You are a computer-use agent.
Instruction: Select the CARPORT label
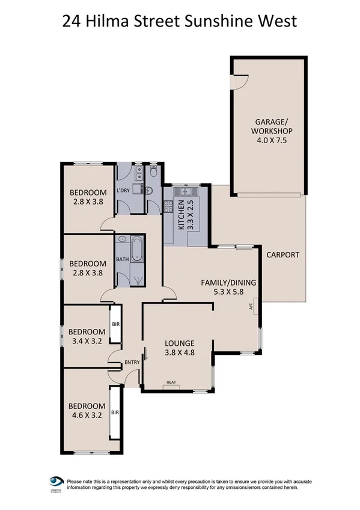point(282,254)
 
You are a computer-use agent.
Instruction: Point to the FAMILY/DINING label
point(230,286)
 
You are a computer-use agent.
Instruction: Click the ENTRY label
point(132,362)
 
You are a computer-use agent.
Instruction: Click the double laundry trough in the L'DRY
point(139,173)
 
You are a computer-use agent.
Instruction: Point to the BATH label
point(123,259)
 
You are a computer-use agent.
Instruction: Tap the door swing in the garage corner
point(240,82)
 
